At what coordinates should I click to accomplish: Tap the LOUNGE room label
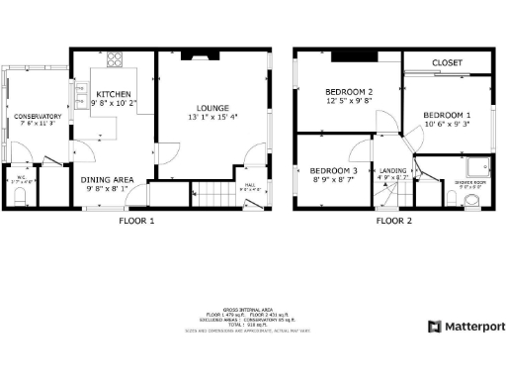click(x=212, y=108)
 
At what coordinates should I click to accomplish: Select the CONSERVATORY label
click(x=38, y=116)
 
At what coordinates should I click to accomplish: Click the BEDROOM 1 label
click(x=447, y=116)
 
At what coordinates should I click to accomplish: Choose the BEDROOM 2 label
click(x=350, y=90)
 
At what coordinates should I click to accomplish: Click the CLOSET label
click(x=447, y=63)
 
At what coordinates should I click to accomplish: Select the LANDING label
click(x=392, y=170)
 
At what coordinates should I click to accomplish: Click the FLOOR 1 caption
click(x=136, y=221)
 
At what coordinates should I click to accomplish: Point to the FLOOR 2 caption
click(x=393, y=221)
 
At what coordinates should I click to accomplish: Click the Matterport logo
click(x=465, y=326)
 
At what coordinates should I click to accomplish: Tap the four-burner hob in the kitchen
click(x=114, y=56)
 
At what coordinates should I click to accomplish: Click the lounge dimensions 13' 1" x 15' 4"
click(x=212, y=118)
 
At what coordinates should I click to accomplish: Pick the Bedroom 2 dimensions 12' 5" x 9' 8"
click(x=350, y=100)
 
